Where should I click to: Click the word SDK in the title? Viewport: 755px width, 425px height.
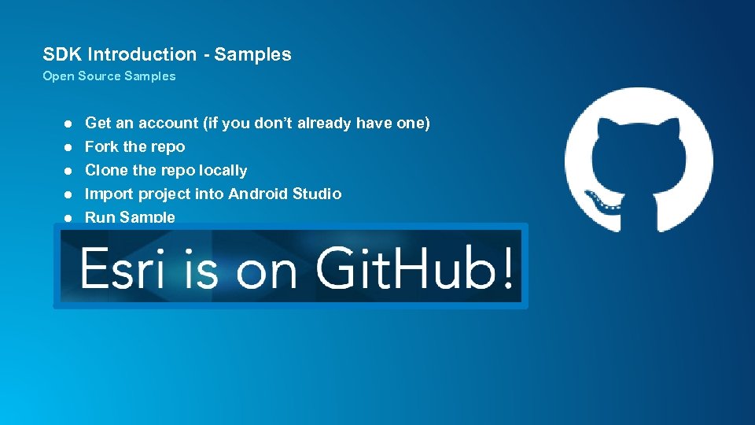point(62,54)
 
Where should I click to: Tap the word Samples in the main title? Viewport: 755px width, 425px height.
point(252,54)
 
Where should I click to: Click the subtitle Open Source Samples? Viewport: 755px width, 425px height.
point(109,76)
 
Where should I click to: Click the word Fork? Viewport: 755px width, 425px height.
point(101,146)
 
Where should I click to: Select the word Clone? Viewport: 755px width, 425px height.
point(105,170)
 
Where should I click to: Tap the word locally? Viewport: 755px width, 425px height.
point(223,170)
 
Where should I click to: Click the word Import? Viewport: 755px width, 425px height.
point(108,194)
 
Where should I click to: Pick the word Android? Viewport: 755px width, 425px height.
point(260,194)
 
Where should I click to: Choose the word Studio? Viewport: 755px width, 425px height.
point(317,194)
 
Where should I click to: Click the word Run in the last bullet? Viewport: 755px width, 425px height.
point(99,217)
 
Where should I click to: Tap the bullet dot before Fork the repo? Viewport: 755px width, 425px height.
point(68,147)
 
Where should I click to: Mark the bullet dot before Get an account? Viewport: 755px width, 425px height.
point(68,124)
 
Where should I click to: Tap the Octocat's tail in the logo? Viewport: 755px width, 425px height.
point(605,202)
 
